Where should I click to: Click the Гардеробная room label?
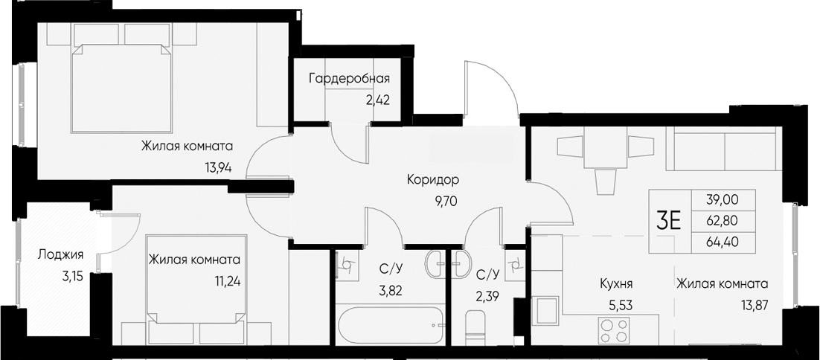[x=349, y=78]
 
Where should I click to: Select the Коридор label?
[x=433, y=180]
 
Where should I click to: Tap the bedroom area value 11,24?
[x=228, y=281]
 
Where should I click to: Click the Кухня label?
[x=617, y=284]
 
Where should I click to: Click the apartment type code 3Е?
[x=669, y=221]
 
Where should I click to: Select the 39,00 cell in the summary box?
[x=723, y=200]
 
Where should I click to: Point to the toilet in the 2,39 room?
[x=474, y=327]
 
